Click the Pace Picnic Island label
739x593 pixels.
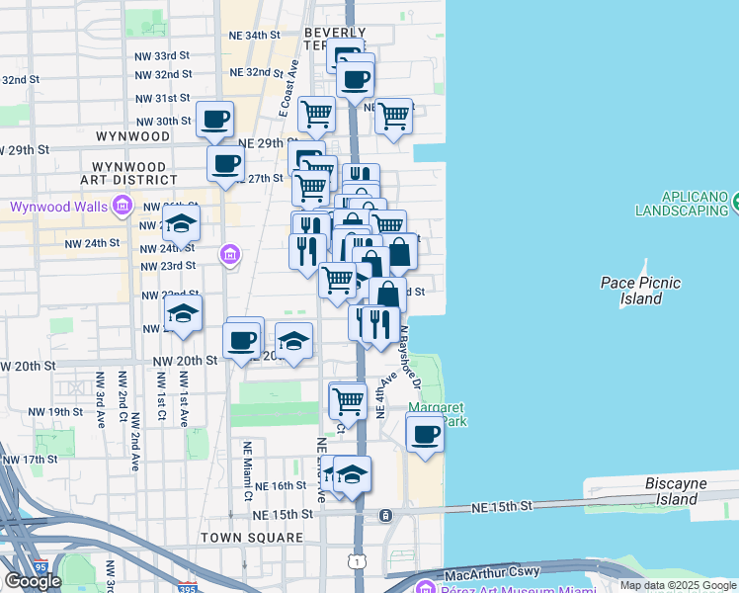pyautogui.click(x=640, y=290)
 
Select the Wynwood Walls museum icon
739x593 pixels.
pyautogui.click(x=123, y=206)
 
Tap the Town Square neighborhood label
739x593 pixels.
pyautogui.click(x=252, y=538)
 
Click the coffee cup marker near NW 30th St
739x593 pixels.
pyautogui.click(x=215, y=121)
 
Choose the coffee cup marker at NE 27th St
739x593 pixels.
pyautogui.click(x=225, y=164)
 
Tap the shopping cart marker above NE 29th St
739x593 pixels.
pyautogui.click(x=316, y=114)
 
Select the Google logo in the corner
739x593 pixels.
pyautogui.click(x=32, y=581)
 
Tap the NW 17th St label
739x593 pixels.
pyautogui.click(x=31, y=460)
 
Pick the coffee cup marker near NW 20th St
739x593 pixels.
pyautogui.click(x=243, y=341)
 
